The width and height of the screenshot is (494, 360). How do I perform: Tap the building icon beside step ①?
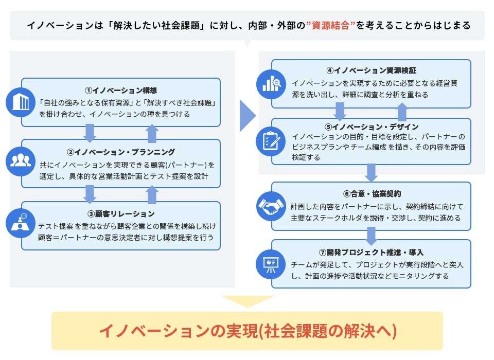(x=20, y=102)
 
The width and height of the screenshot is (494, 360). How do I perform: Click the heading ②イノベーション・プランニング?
(x=121, y=152)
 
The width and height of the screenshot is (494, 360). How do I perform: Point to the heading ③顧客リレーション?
(x=121, y=213)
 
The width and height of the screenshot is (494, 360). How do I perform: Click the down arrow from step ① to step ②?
(x=90, y=133)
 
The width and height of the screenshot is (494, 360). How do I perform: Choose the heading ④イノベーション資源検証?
(x=370, y=70)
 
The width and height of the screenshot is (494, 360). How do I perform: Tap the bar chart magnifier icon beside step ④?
(x=271, y=82)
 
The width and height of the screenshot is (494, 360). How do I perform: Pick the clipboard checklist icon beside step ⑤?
(x=271, y=140)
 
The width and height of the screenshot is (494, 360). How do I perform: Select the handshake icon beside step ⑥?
(x=271, y=206)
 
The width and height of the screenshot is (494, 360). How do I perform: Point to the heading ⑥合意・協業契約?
(x=371, y=194)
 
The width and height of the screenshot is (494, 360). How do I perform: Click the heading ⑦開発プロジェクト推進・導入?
(x=371, y=253)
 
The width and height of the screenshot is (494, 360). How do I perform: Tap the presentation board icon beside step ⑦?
(x=271, y=263)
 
